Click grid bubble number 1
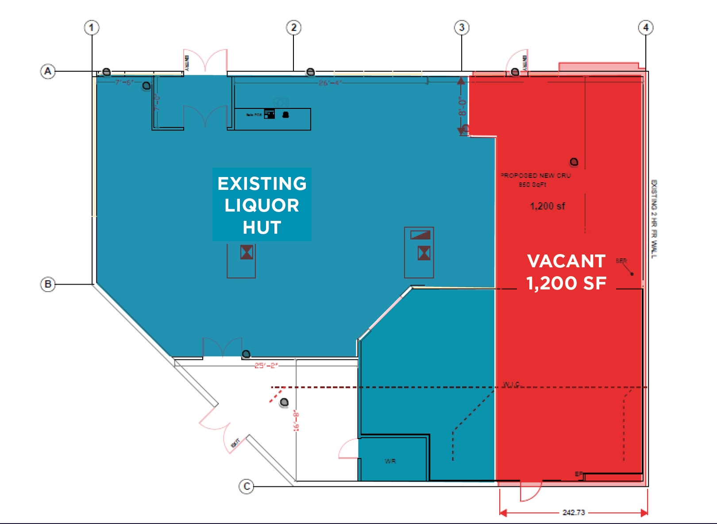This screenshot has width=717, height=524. tap(92, 28)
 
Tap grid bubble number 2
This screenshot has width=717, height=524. tap(293, 28)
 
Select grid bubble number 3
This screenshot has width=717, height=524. tap(462, 28)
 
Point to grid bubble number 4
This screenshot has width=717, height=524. tap(646, 28)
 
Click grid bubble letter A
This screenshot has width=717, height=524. tap(48, 71)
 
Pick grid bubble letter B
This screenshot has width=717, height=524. tap(48, 284)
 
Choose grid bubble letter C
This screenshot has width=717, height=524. tap(247, 487)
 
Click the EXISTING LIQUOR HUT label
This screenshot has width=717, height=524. tap(262, 205)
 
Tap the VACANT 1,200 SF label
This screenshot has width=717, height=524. tap(566, 272)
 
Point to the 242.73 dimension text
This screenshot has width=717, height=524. tap(574, 512)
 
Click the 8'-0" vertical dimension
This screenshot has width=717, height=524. tap(462, 106)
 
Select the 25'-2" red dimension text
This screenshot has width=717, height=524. tap(266, 366)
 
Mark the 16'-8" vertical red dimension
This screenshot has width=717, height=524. tap(297, 421)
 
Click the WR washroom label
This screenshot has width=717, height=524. tap(390, 461)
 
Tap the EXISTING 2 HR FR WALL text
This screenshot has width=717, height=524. tap(654, 219)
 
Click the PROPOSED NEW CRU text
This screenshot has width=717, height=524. tap(536, 176)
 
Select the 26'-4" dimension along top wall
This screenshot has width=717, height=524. tap(330, 83)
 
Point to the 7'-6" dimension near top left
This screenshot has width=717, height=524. tap(124, 82)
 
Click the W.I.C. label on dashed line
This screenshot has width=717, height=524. tap(511, 384)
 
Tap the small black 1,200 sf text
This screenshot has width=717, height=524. tap(547, 206)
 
